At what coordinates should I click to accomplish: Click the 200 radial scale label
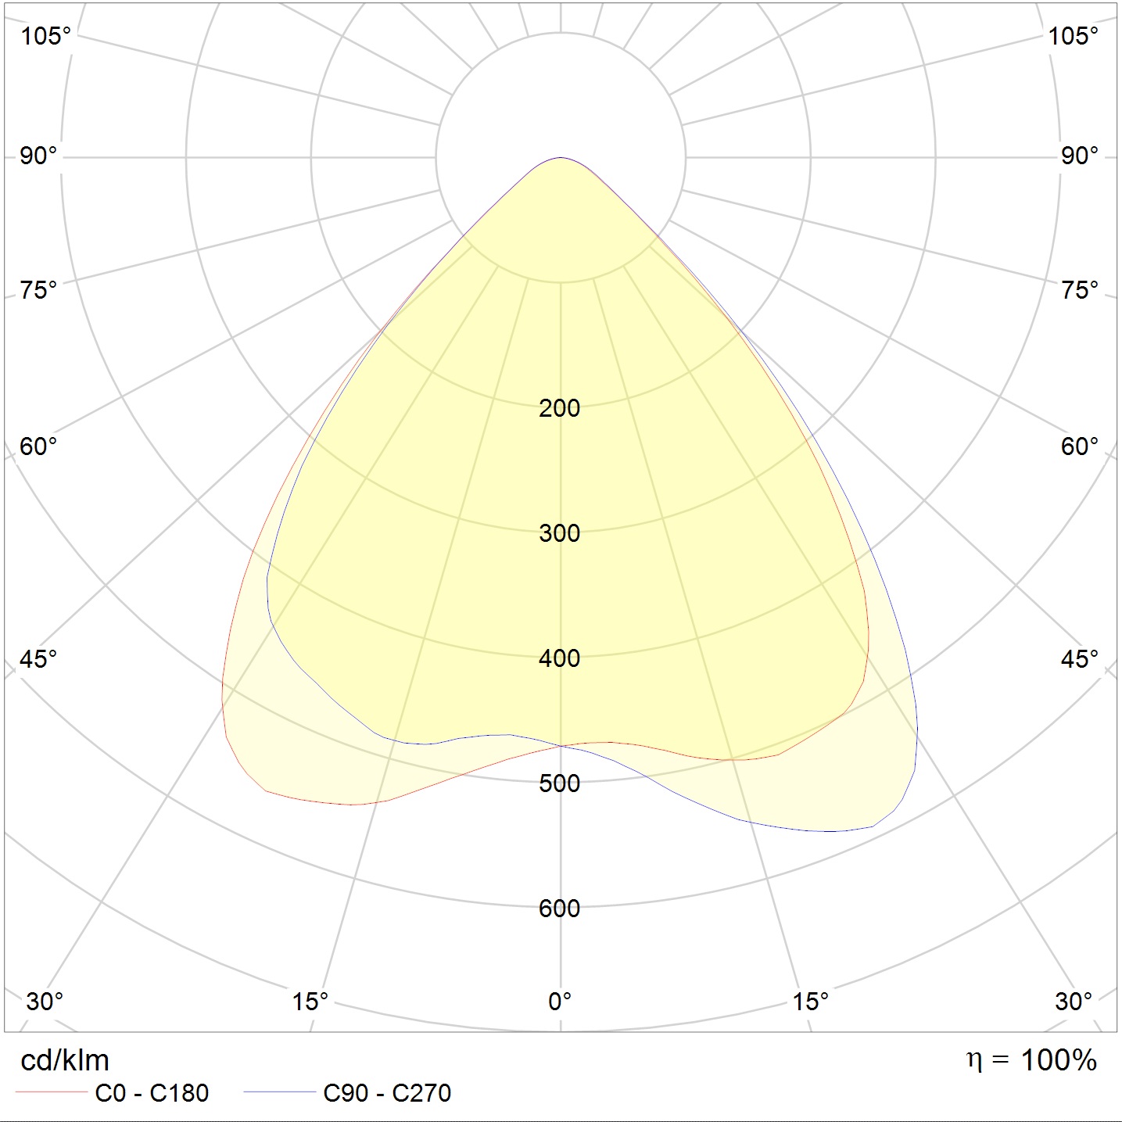[559, 408]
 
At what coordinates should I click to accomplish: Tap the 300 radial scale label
[559, 533]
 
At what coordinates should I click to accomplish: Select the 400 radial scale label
[559, 658]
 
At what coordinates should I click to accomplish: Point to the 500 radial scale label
[559, 783]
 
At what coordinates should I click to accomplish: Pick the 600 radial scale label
[559, 909]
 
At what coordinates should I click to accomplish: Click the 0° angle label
[560, 1002]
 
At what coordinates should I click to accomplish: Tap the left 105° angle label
[45, 36]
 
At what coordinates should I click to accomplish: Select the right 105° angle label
[1073, 36]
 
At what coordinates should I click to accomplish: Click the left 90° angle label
[38, 156]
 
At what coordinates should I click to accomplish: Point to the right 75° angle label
[1080, 290]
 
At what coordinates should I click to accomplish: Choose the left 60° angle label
[38, 446]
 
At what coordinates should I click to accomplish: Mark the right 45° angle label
[1080, 659]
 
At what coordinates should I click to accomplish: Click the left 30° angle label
[45, 1002]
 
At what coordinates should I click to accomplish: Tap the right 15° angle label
[810, 1002]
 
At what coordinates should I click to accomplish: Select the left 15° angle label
[310, 1002]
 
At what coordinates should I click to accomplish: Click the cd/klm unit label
[65, 1061]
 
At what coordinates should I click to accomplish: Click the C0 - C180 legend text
[152, 1094]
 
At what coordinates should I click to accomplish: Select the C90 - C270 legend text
[387, 1094]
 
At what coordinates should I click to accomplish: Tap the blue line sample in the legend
[279, 1092]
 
